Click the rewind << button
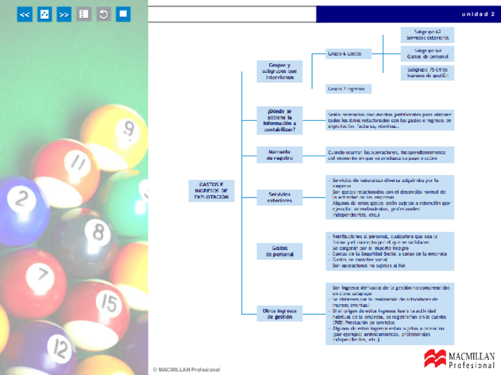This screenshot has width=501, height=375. click(25, 15)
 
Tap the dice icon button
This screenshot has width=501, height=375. click(44, 15)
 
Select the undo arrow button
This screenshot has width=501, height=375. click(103, 15)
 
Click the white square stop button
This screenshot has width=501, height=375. click(123, 15)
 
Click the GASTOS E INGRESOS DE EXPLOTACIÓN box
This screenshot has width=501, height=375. click(211, 191)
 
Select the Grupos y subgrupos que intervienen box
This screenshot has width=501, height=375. click(279, 71)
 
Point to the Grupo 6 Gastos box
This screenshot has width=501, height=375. click(349, 54)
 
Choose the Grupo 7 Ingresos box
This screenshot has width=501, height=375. click(349, 89)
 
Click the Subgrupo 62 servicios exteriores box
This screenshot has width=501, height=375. click(427, 35)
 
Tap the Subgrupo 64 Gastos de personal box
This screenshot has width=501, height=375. click(427, 54)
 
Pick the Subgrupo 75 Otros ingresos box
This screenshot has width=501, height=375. click(427, 73)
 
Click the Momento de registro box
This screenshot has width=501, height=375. click(279, 154)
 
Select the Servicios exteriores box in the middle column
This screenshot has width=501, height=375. click(279, 198)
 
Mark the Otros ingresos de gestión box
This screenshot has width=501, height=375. click(279, 313)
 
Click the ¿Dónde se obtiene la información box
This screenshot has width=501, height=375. click(279, 120)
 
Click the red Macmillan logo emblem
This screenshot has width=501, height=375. click(435, 358)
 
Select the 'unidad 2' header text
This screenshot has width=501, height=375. click(478, 14)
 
